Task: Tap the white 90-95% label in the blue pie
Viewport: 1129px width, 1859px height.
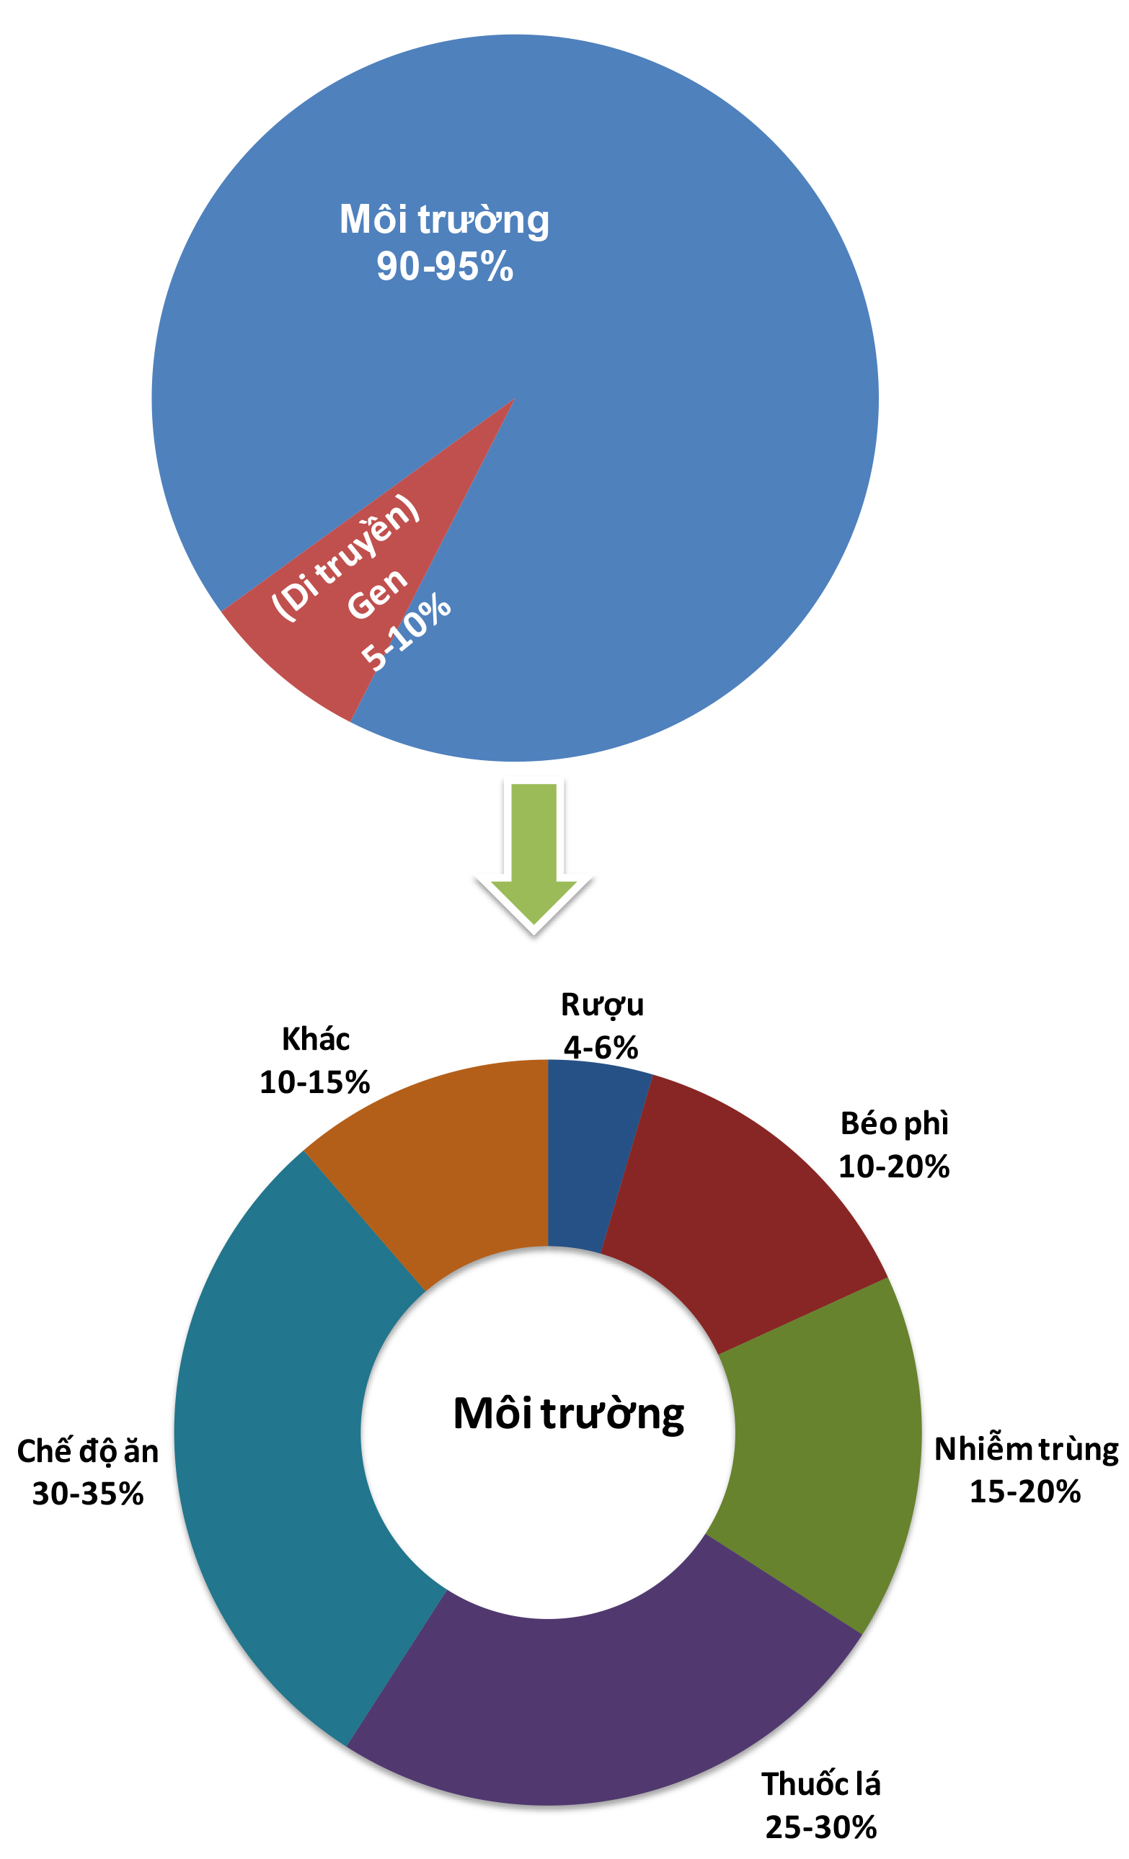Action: (x=445, y=267)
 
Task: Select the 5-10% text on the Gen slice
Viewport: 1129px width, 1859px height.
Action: (x=406, y=631)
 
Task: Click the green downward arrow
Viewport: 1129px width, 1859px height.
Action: (x=533, y=855)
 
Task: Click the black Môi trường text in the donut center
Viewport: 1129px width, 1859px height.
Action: (x=568, y=1413)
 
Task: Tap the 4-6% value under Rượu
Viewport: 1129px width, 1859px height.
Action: (x=601, y=1048)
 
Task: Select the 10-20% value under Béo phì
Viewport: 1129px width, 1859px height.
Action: (x=893, y=1167)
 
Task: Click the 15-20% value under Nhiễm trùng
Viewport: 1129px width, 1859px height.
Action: (x=1025, y=1492)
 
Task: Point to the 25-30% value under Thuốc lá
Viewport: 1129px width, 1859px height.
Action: (x=821, y=1827)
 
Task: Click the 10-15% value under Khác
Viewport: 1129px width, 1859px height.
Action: (x=315, y=1083)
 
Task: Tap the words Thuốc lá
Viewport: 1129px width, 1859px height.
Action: (x=821, y=1784)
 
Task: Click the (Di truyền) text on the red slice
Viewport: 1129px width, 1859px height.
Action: (x=345, y=558)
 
